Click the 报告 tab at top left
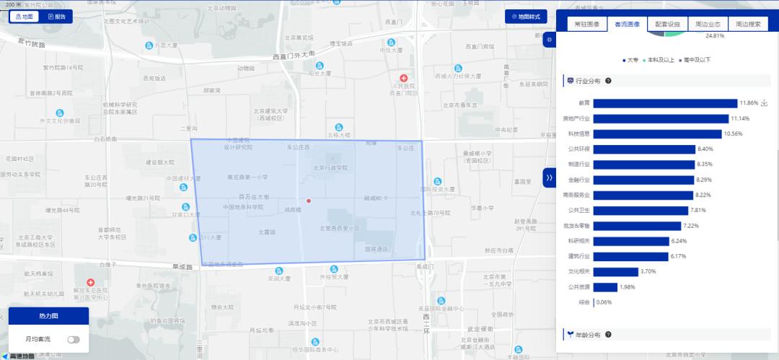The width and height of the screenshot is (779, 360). pyautogui.click(x=56, y=16)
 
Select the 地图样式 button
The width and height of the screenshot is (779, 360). pyautogui.click(x=525, y=16)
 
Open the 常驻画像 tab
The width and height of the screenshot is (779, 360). pyautogui.click(x=586, y=24)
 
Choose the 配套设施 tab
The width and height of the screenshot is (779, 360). pyautogui.click(x=667, y=24)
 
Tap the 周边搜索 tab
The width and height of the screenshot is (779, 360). pyautogui.click(x=748, y=24)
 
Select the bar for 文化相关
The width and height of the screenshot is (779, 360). pyautogui.click(x=615, y=271)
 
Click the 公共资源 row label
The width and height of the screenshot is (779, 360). pyautogui.click(x=578, y=286)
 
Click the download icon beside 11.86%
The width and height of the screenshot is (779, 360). pyautogui.click(x=765, y=103)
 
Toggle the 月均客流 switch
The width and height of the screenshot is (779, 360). pyautogui.click(x=74, y=339)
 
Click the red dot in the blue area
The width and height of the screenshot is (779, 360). pyautogui.click(x=309, y=201)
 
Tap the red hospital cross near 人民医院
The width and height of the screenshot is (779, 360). pyautogui.click(x=404, y=77)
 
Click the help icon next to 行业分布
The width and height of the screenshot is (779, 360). pyautogui.click(x=608, y=81)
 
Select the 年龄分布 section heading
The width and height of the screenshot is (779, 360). pyautogui.click(x=589, y=335)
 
